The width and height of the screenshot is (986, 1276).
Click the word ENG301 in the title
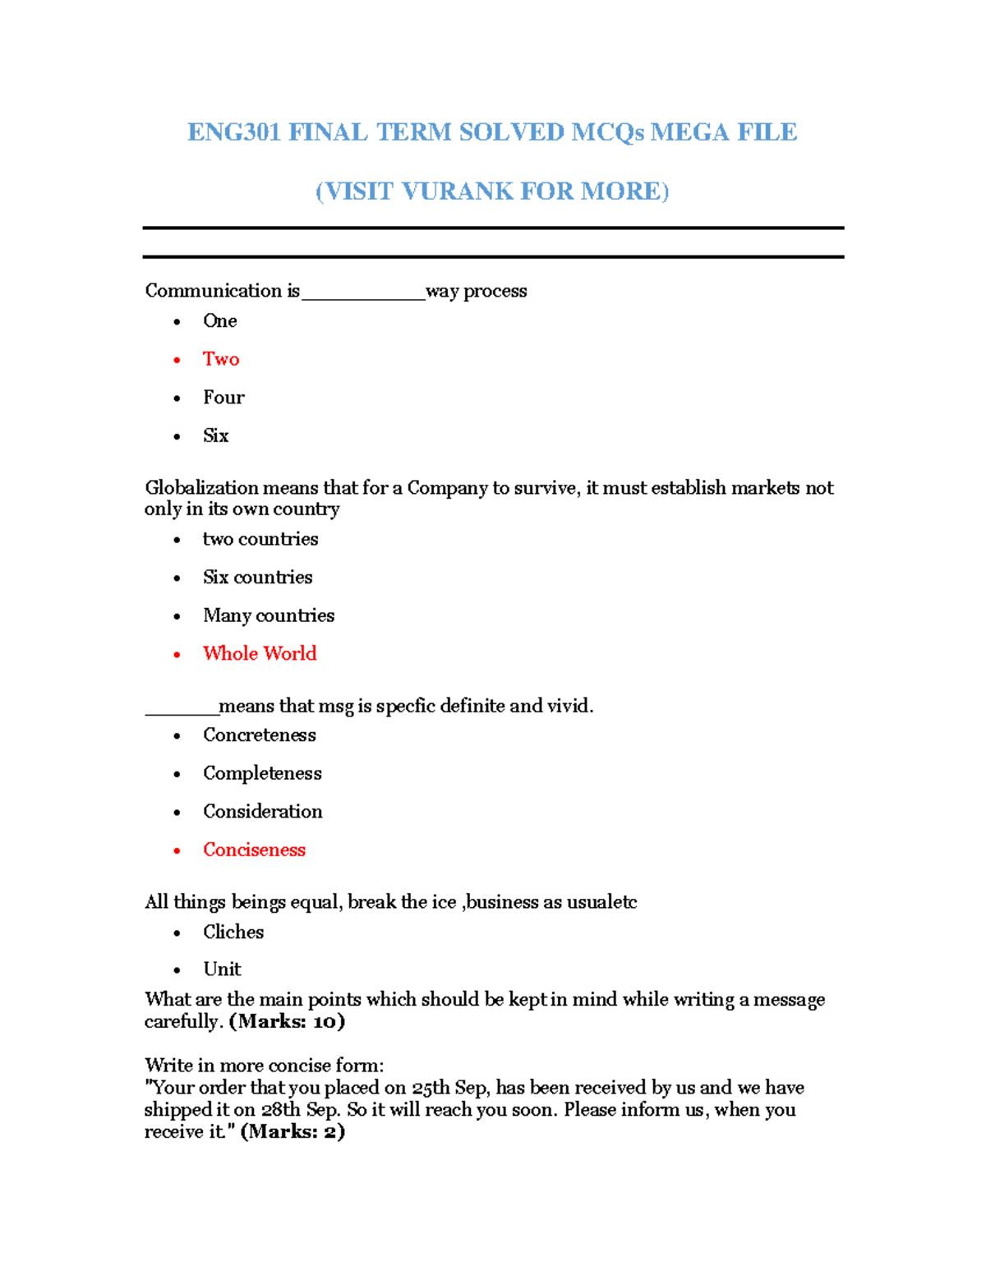pyautogui.click(x=234, y=132)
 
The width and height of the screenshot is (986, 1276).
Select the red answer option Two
pyautogui.click(x=221, y=359)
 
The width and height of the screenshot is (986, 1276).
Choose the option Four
pyautogui.click(x=223, y=398)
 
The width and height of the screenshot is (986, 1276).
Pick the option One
pyautogui.click(x=219, y=321)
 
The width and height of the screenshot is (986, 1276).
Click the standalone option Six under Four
pyautogui.click(x=215, y=435)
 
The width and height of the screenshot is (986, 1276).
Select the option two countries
pyautogui.click(x=260, y=539)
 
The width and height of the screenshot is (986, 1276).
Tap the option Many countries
pyautogui.click(x=269, y=615)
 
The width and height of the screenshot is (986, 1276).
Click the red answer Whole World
pyautogui.click(x=260, y=653)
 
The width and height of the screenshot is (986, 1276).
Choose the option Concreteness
pyautogui.click(x=259, y=735)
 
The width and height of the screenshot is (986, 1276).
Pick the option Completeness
pyautogui.click(x=262, y=773)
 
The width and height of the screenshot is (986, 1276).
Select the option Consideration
pyautogui.click(x=262, y=812)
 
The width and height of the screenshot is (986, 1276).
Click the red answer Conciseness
pyautogui.click(x=254, y=850)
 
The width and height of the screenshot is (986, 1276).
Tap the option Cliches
pyautogui.click(x=233, y=932)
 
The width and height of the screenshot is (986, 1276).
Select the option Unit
pyautogui.click(x=222, y=970)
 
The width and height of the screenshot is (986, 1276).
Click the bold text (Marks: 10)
pyautogui.click(x=287, y=1021)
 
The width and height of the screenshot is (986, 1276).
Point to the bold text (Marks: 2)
pyautogui.click(x=293, y=1131)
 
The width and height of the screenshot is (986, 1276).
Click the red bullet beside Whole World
pyautogui.click(x=177, y=655)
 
